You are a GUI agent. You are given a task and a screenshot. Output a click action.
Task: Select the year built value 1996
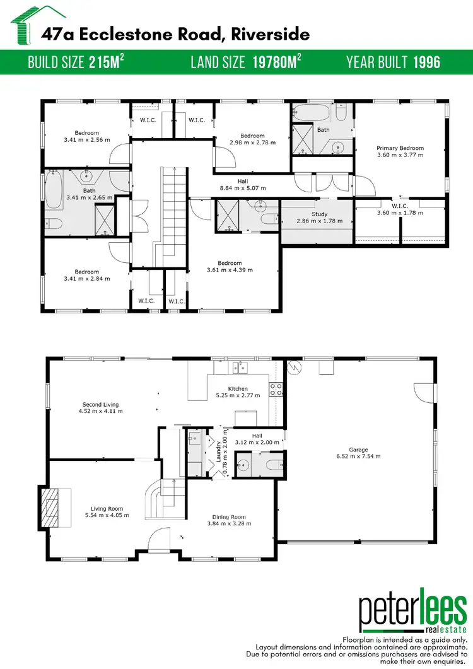point(427,62)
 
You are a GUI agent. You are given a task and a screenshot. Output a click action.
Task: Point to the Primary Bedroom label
point(400,148)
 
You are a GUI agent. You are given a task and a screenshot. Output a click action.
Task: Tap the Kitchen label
point(238,388)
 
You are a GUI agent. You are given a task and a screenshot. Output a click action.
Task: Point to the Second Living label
point(100,404)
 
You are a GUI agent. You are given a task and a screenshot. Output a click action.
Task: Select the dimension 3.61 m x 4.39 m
point(230,270)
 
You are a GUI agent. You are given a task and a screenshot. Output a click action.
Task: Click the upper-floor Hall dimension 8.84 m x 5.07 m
point(243,188)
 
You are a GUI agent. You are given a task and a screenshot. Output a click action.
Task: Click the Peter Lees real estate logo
point(412,609)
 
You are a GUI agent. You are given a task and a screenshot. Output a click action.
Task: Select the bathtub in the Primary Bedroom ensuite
point(312,115)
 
